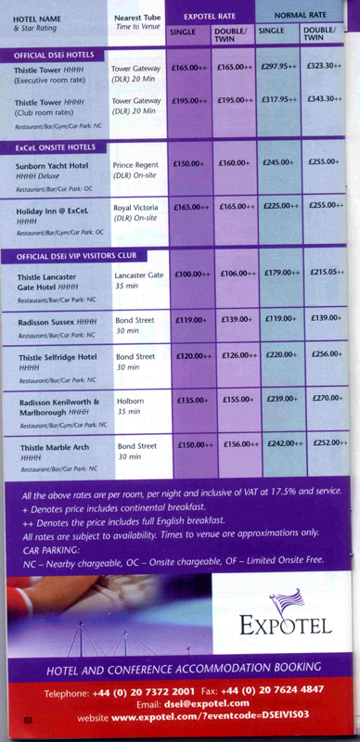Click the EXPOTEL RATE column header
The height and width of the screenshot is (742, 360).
[x=211, y=15]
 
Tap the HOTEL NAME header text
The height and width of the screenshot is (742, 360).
[x=36, y=18]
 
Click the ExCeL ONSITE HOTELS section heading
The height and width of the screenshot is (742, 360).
[x=56, y=147]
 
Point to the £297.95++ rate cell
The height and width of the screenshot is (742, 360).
[x=278, y=67]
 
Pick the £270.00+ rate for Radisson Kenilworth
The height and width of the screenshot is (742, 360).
[x=327, y=399]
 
